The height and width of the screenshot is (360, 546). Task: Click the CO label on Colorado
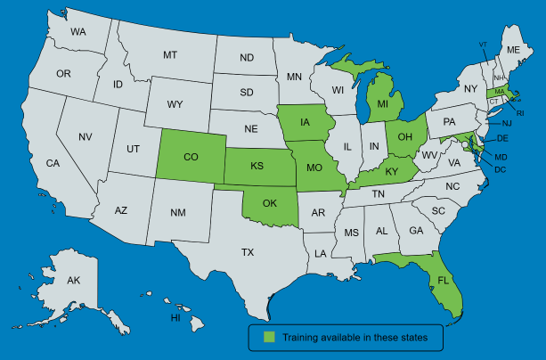(190, 157)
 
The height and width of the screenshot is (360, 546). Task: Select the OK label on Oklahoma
(269, 202)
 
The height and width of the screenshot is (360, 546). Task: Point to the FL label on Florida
(443, 280)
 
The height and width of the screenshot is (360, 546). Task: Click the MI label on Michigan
(383, 104)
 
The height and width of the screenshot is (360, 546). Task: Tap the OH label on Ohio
(404, 136)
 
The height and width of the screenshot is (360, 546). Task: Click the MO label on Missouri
(313, 168)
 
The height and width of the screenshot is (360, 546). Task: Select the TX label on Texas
(248, 253)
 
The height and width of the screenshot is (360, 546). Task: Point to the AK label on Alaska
(74, 281)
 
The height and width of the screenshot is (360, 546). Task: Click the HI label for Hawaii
(175, 318)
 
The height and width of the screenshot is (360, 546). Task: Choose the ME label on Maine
(513, 51)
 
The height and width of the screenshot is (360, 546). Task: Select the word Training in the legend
(303, 338)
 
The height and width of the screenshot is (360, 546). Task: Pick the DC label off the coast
(501, 169)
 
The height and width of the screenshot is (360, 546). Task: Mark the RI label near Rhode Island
(520, 113)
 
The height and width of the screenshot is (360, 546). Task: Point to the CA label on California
(53, 163)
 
